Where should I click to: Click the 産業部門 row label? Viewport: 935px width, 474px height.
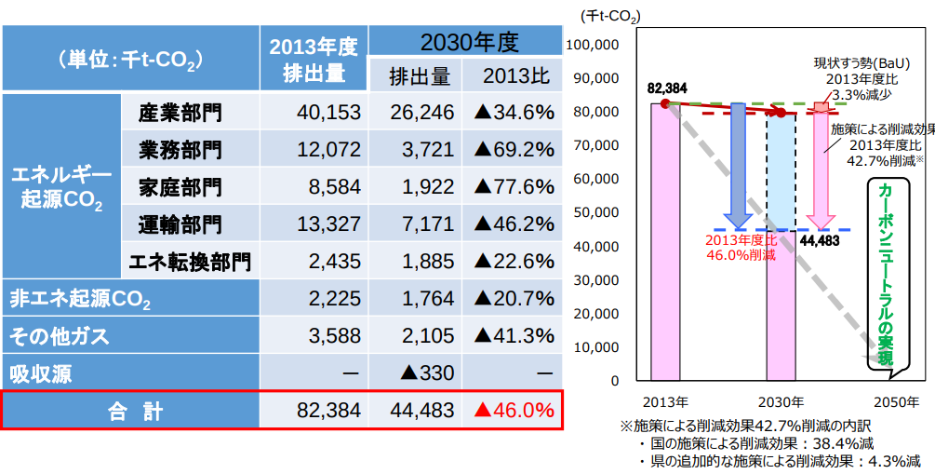(180, 113)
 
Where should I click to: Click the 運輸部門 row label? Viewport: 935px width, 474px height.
(180, 223)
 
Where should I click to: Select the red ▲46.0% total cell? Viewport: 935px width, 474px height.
(514, 410)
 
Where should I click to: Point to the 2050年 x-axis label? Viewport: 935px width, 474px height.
(895, 402)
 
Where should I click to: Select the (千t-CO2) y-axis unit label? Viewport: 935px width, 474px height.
(610, 17)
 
